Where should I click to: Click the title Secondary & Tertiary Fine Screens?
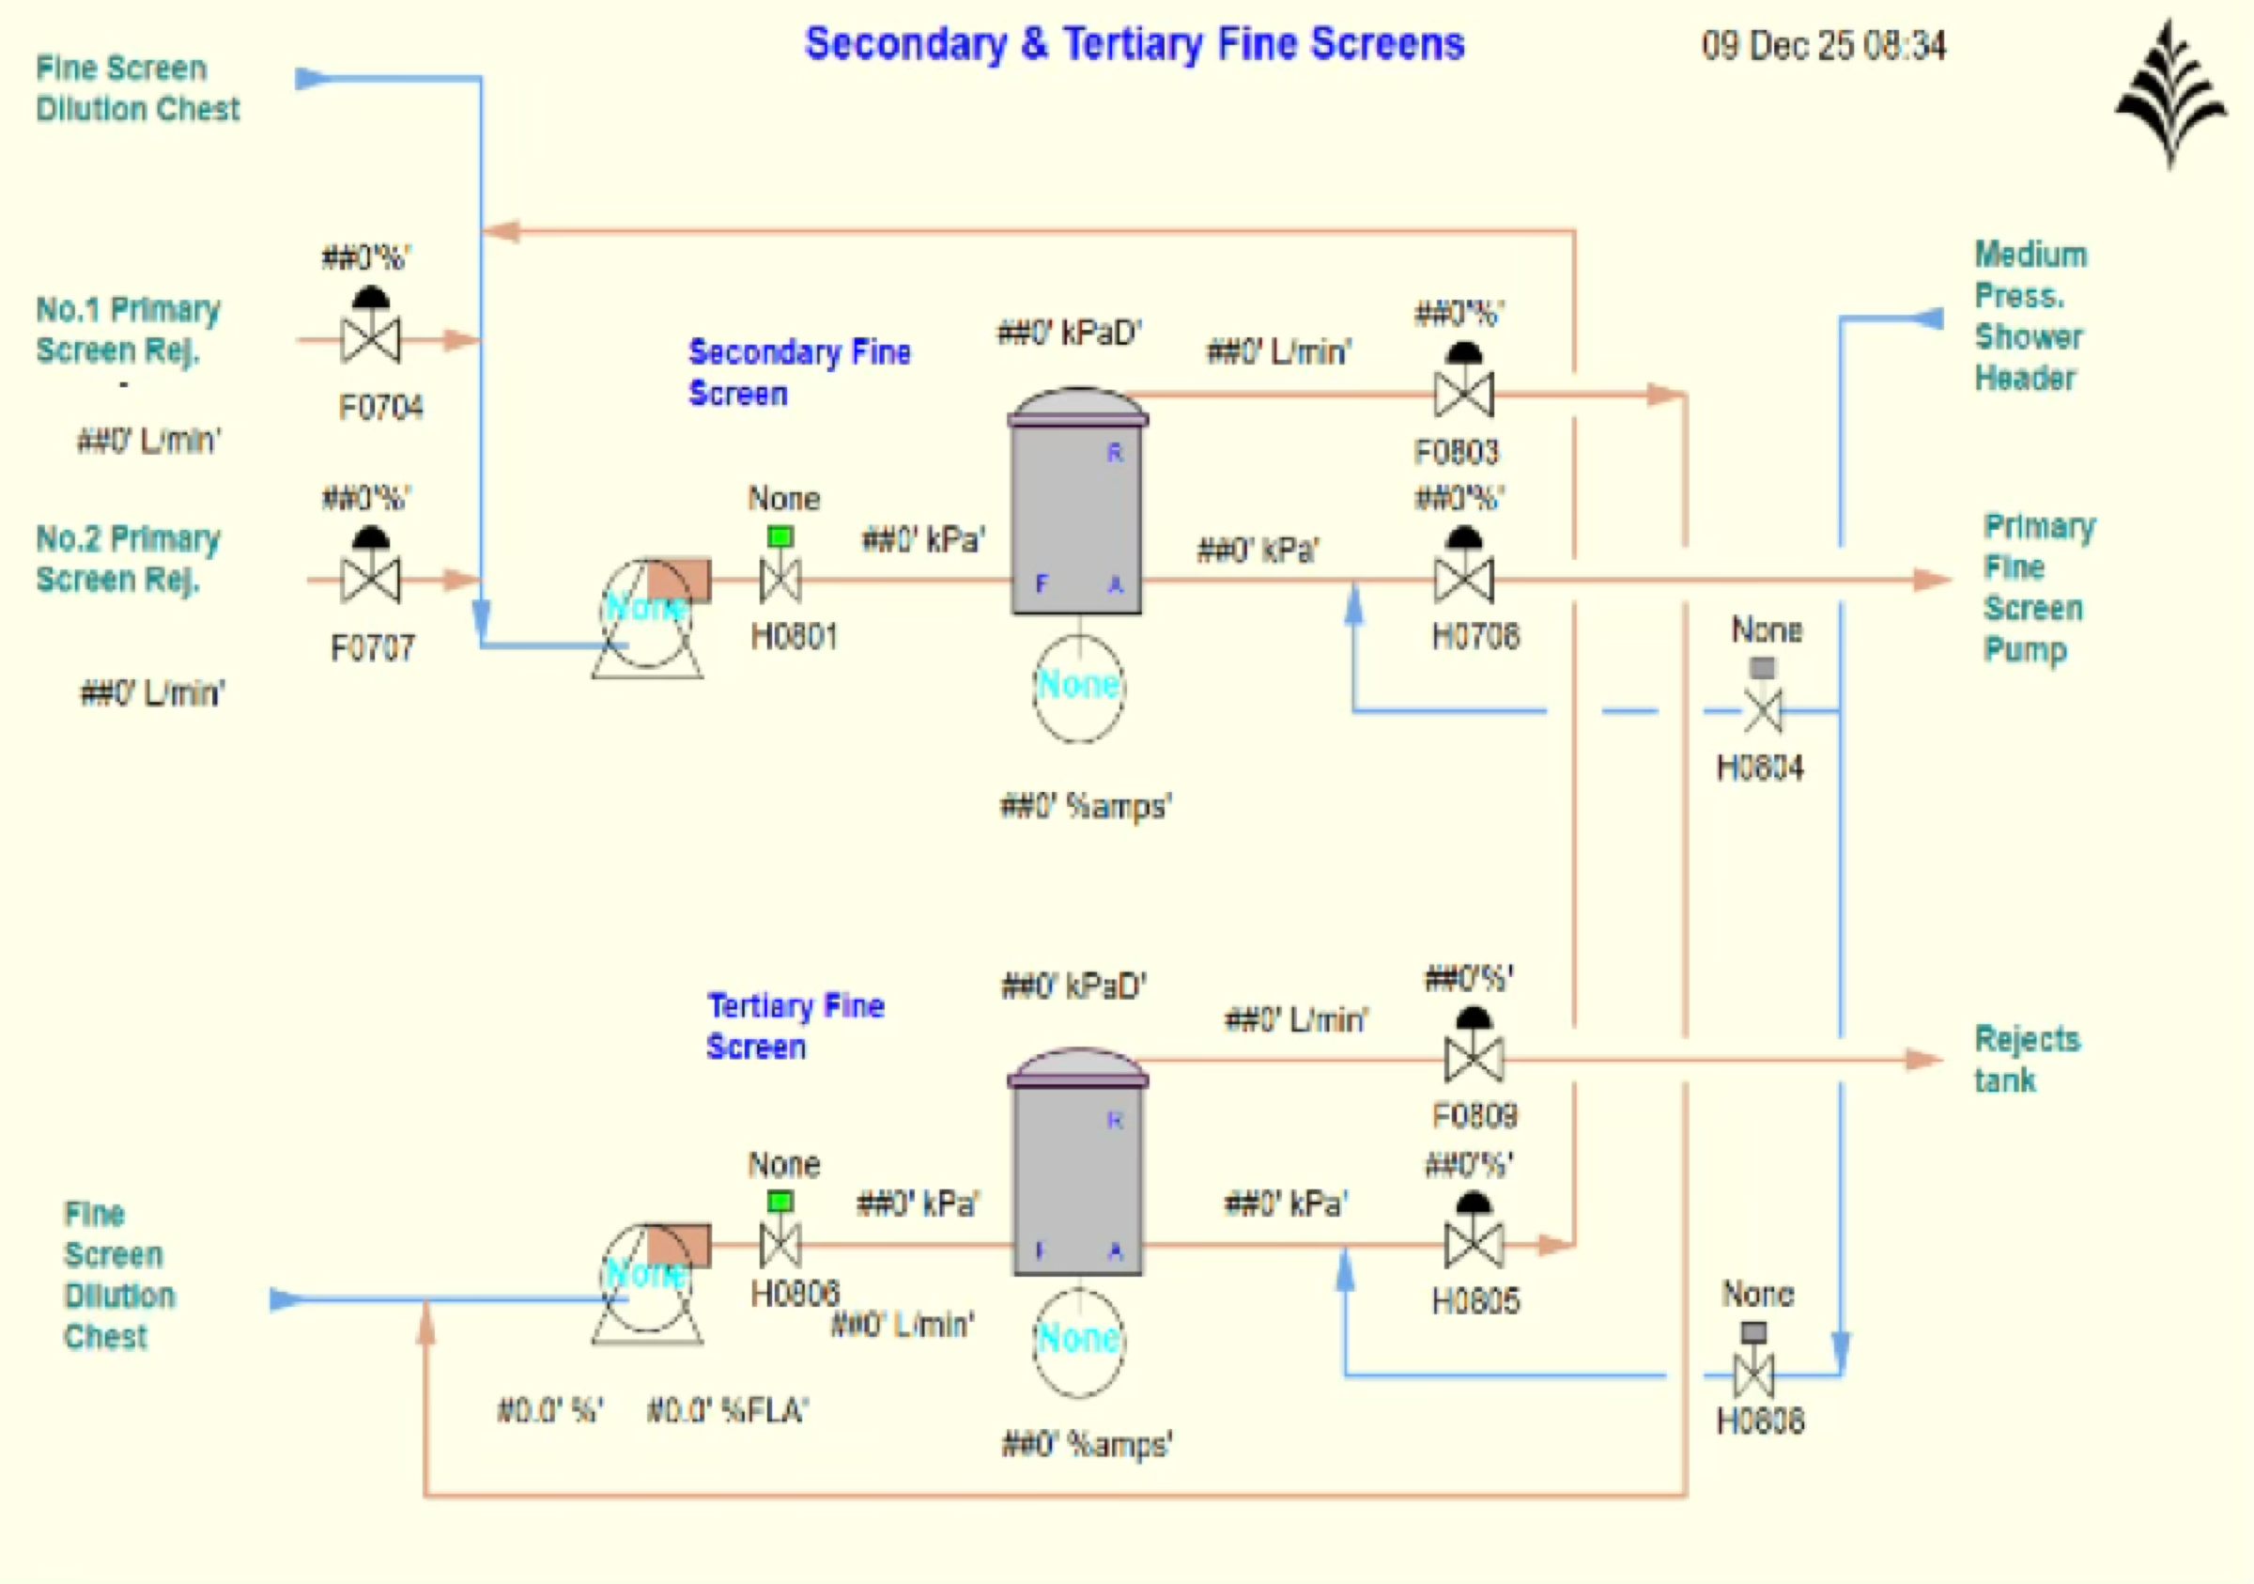1134,44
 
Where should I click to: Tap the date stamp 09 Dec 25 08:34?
1823,46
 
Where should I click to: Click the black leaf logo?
2170,93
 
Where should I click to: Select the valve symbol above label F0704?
370,329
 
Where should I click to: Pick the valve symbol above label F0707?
370,569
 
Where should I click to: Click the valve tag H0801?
794,637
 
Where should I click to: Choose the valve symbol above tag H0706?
1464,568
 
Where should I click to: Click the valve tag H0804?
1760,768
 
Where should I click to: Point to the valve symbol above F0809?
1474,1049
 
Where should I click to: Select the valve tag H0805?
1475,1301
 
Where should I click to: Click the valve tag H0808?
1760,1421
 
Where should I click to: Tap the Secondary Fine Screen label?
798,372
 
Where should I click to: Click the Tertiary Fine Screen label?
795,1026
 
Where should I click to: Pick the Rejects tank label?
2026,1060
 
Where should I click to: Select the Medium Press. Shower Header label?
2030,317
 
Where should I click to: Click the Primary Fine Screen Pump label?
2038,587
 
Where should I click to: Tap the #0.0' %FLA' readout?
728,1411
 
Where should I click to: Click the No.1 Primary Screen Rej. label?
128,329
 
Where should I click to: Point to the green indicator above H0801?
780,537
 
